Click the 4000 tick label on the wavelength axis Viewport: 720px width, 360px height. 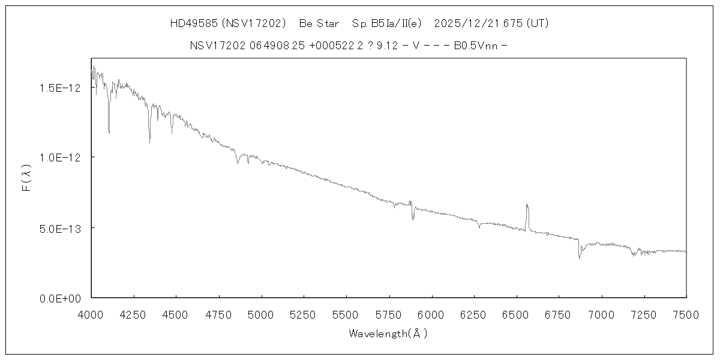click(x=91, y=313)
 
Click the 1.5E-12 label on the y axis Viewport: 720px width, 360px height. click(x=59, y=88)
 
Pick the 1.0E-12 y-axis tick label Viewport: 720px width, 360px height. click(x=59, y=157)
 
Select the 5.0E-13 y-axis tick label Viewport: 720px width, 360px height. click(x=59, y=228)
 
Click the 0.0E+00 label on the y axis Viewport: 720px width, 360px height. click(x=59, y=298)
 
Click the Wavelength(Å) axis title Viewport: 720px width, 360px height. click(x=388, y=334)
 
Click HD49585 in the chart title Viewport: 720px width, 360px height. click(x=194, y=24)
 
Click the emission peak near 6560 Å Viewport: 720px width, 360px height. click(x=527, y=205)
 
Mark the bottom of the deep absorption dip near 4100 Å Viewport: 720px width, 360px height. click(x=109, y=133)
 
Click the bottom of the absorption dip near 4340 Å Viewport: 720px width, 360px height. click(x=149, y=142)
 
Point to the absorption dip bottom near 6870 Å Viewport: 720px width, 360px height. click(x=580, y=258)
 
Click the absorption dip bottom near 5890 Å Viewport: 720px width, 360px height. click(x=413, y=220)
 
